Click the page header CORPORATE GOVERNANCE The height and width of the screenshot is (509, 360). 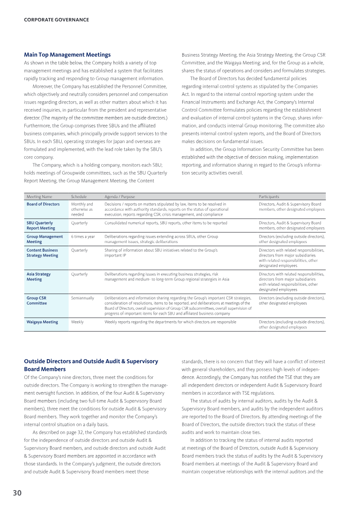pyautogui.click(x=56, y=20)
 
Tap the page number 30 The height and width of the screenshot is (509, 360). pyautogui.click(x=17, y=493)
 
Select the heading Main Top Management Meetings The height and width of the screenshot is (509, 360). pyautogui.click(x=67, y=54)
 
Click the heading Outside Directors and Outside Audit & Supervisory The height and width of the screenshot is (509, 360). pyautogui.click(x=90, y=361)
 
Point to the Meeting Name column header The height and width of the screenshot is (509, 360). pyautogui.click(x=39, y=197)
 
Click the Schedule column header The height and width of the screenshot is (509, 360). pyautogui.click(x=79, y=197)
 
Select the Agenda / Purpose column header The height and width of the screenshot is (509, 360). pyautogui.click(x=119, y=197)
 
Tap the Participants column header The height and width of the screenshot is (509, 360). pyautogui.click(x=269, y=197)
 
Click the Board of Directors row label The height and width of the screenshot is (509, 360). pyautogui.click(x=43, y=204)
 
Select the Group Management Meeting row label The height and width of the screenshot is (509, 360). pyautogui.click(x=45, y=239)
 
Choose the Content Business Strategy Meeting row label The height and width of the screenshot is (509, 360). pyautogui.click(x=42, y=252)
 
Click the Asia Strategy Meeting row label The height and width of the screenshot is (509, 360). pyautogui.click(x=39, y=276)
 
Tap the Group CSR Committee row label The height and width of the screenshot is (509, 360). pyautogui.click(x=36, y=300)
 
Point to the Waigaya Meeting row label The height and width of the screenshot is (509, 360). pyautogui.click(x=42, y=322)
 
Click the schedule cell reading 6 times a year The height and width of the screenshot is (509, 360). pyautogui.click(x=83, y=237)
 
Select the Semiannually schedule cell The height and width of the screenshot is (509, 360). pyautogui.click(x=82, y=298)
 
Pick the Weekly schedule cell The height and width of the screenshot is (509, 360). pyautogui.click(x=77, y=322)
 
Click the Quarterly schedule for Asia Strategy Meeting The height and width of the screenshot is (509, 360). pyautogui.click(x=79, y=274)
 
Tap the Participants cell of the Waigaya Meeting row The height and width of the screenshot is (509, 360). pyautogui.click(x=292, y=324)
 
